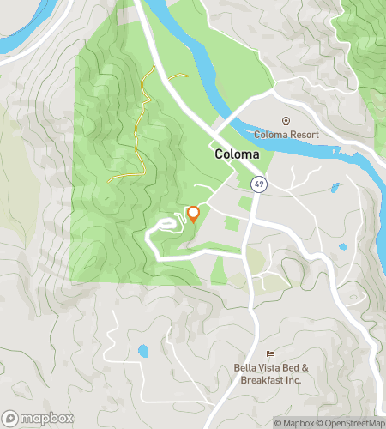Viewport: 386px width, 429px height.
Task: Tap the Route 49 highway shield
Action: click(257, 184)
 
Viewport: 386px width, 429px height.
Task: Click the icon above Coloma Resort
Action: click(286, 121)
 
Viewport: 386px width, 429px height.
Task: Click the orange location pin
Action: click(194, 214)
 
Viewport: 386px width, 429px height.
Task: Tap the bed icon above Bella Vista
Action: click(271, 353)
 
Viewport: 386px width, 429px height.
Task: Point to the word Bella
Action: click(247, 368)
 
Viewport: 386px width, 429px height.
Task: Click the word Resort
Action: click(304, 135)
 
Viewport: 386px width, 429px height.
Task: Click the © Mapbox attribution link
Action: click(294, 422)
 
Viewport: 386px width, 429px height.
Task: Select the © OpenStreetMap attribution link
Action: click(351, 422)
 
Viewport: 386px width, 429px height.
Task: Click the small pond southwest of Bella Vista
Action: click(142, 351)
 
